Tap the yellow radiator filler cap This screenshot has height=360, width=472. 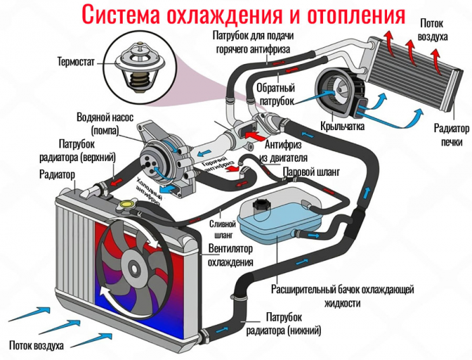125,203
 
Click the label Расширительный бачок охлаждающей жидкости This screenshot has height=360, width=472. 342,296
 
